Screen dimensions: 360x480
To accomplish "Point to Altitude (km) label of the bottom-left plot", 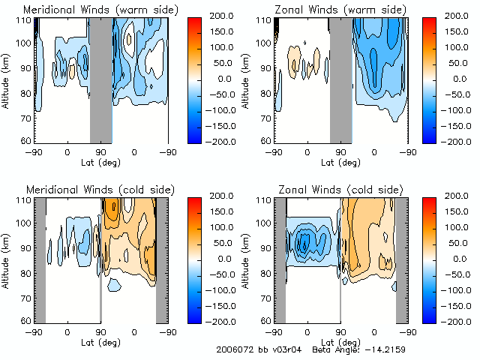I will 7,259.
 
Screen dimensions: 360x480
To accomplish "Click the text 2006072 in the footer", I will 233,349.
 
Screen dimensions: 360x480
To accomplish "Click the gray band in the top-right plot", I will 341,79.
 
